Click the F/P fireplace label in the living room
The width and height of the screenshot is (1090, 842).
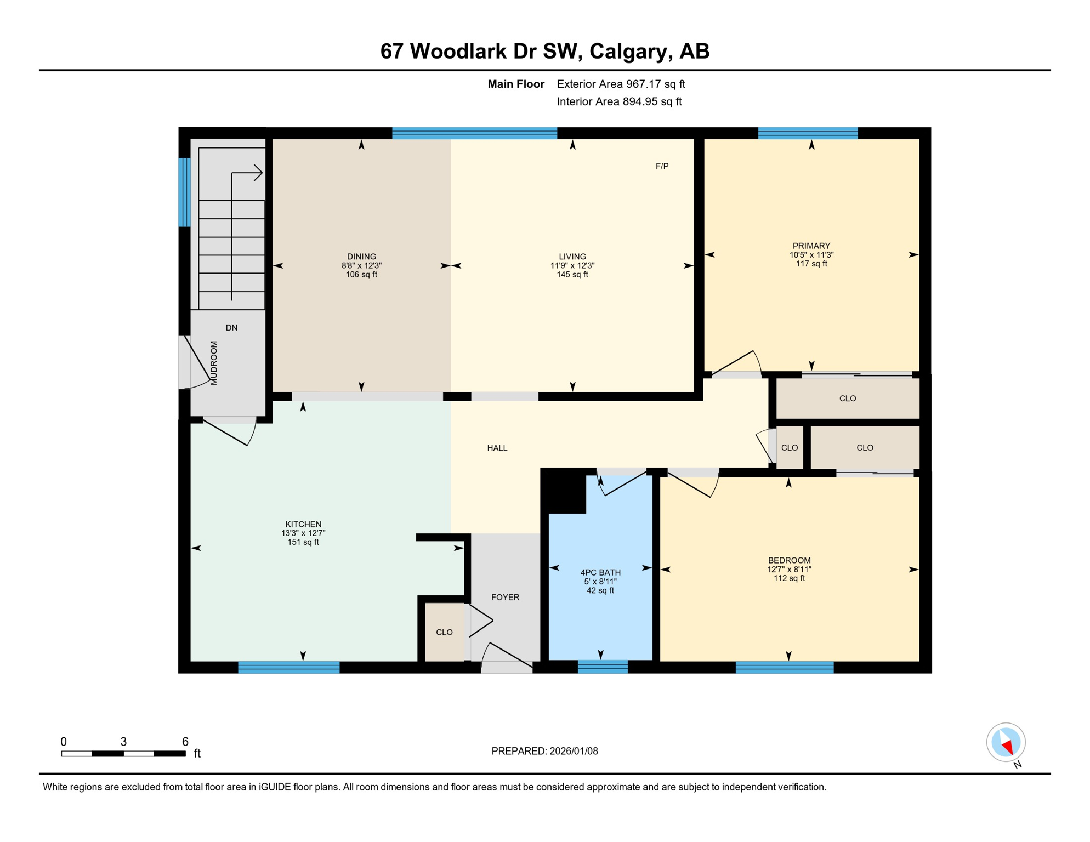(662, 166)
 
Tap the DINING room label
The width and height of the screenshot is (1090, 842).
(361, 257)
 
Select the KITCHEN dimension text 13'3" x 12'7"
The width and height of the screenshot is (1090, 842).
(303, 533)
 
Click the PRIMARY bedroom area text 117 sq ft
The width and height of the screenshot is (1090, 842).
(811, 264)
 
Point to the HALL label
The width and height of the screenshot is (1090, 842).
(497, 448)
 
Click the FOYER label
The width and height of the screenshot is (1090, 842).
(505, 597)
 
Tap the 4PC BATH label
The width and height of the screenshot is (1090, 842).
(600, 572)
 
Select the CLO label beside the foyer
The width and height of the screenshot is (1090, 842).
(444, 632)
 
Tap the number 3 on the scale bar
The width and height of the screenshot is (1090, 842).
(123, 742)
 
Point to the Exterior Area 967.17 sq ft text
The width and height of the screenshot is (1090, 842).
(621, 84)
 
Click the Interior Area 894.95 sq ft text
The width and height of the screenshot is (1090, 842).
(619, 101)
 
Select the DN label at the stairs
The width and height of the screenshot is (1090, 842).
(231, 328)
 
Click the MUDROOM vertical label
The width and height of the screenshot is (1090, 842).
(214, 363)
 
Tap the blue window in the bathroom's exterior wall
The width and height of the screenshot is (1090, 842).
(603, 667)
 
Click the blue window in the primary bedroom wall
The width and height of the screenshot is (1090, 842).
(808, 133)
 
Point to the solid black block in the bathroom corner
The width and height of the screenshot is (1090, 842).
(564, 491)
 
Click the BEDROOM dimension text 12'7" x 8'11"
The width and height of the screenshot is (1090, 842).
(788, 569)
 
